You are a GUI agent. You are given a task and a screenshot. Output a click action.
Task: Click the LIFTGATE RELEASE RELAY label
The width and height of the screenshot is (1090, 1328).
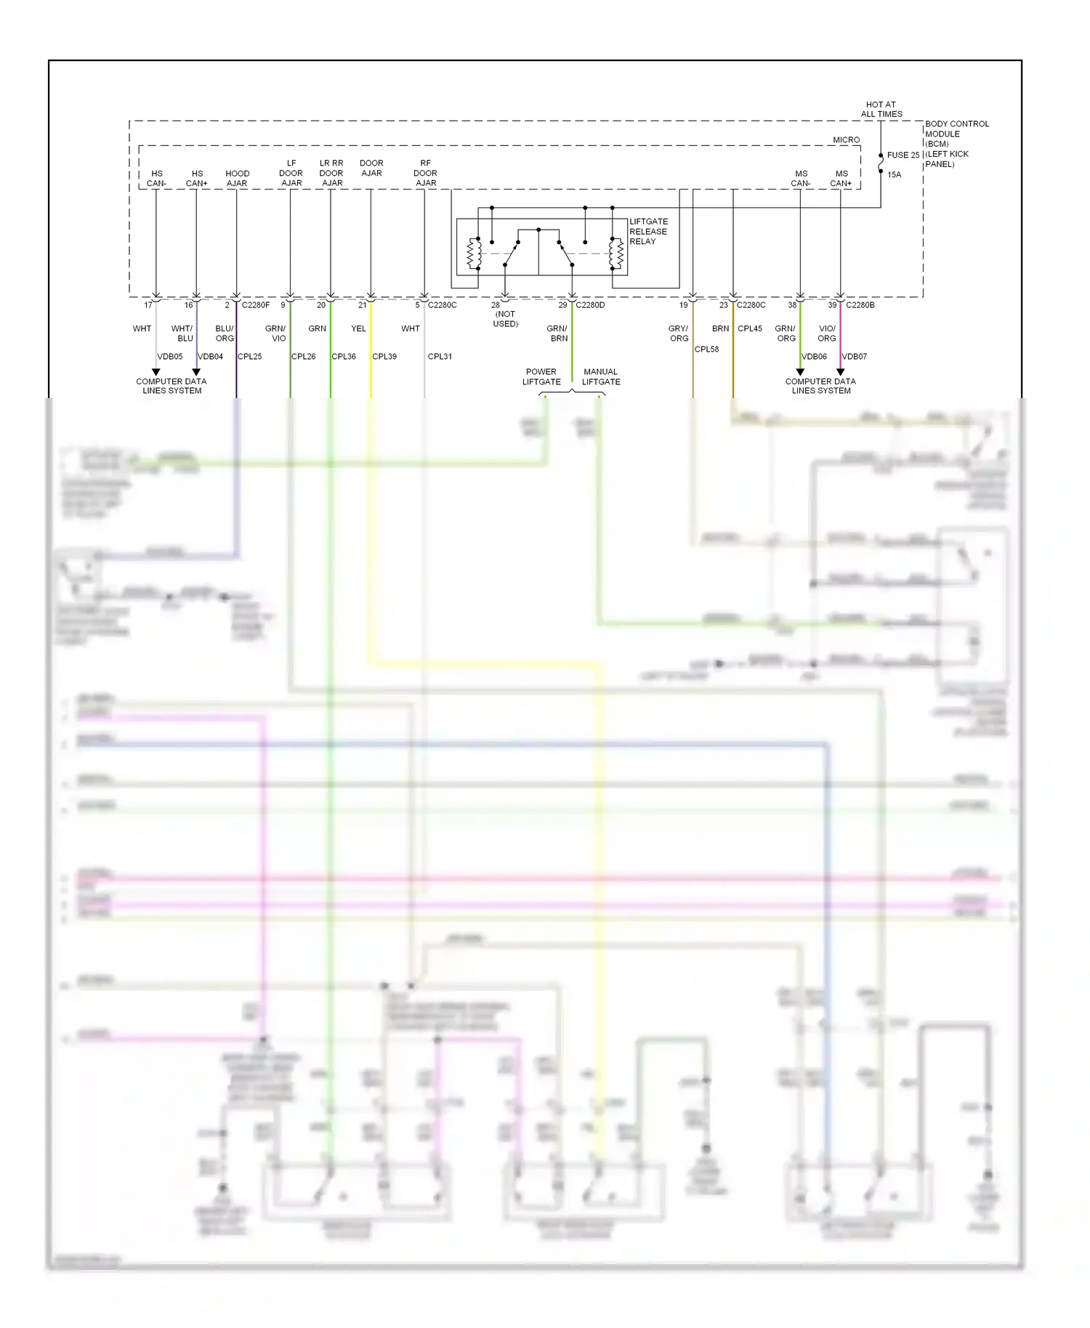click(647, 231)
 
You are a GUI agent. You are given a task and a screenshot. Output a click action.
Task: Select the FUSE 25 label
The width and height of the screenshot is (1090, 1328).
click(903, 155)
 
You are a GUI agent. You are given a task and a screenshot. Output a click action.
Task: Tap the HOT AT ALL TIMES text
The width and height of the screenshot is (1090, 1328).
click(881, 109)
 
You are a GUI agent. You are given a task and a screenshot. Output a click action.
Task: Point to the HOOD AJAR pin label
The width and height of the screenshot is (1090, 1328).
click(237, 178)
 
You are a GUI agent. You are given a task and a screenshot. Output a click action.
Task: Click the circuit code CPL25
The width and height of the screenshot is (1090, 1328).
click(249, 356)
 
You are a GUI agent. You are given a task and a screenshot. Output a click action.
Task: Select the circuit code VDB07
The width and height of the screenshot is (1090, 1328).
click(854, 356)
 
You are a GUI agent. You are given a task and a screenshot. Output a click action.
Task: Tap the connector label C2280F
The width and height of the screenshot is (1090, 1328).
click(255, 305)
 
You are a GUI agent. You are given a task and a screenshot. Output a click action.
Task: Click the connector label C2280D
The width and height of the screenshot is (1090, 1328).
click(589, 305)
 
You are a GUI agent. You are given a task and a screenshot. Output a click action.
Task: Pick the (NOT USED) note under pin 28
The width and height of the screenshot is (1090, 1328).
click(505, 319)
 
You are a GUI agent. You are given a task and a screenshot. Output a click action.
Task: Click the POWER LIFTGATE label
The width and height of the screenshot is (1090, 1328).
click(541, 376)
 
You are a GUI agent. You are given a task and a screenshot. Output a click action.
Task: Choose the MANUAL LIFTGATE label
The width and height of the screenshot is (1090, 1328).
click(601, 376)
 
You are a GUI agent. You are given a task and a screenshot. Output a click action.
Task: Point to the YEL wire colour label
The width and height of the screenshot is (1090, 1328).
click(358, 328)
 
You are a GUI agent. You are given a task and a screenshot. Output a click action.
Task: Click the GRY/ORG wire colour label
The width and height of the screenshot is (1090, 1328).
click(678, 333)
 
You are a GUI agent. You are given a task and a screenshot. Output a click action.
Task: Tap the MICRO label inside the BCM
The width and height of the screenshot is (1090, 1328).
click(846, 139)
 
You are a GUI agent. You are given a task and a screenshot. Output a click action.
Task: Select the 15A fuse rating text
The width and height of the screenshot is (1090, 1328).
click(894, 174)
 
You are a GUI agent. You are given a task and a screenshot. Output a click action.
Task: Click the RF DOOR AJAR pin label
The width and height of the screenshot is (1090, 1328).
click(425, 173)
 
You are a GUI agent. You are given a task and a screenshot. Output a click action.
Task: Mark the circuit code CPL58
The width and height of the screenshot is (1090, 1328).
click(706, 349)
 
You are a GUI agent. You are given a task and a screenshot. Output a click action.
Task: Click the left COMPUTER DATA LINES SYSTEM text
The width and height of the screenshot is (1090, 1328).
click(171, 386)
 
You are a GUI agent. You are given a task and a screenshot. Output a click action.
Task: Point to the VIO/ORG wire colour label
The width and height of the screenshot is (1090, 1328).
click(826, 333)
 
